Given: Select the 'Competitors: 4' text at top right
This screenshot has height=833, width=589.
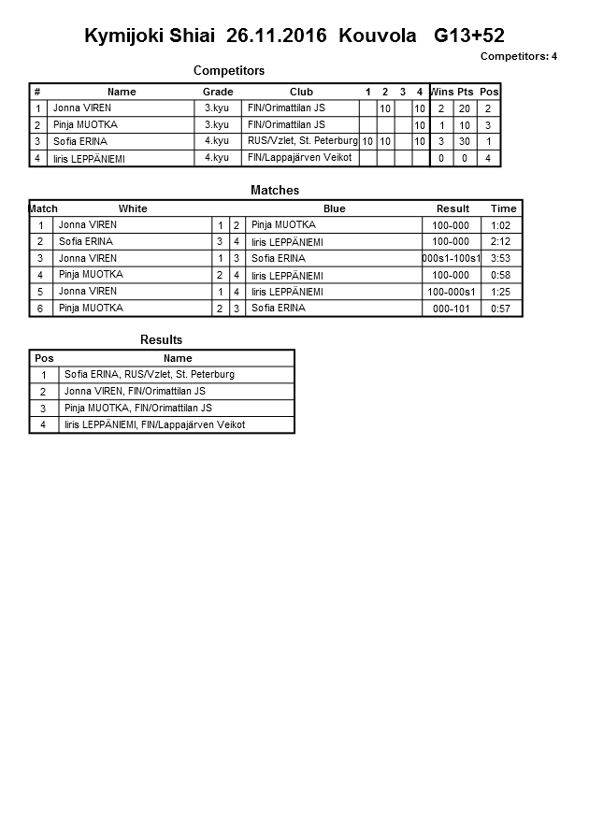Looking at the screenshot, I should click(518, 56).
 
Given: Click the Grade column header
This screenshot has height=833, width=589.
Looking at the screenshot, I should click(218, 92).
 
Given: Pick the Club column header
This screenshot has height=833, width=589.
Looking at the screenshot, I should click(301, 92).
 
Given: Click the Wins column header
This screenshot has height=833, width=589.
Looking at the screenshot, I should click(441, 92).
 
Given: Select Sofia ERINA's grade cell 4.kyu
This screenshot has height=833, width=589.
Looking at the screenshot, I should click(217, 141).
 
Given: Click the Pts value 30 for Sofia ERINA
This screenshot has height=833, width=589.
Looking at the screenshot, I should click(465, 141).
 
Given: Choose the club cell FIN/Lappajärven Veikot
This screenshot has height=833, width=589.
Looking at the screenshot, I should click(299, 158).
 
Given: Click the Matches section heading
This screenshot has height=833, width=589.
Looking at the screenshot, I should click(275, 190).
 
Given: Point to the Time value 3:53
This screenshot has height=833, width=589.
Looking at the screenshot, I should click(503, 258).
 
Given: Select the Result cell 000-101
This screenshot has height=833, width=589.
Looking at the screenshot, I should click(452, 309).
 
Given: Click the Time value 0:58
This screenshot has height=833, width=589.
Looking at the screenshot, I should click(503, 275).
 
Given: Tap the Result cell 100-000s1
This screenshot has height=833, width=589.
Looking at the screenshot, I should click(452, 292).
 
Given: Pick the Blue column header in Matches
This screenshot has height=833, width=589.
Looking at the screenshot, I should click(334, 208).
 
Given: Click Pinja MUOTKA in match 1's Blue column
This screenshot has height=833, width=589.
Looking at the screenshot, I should click(283, 225).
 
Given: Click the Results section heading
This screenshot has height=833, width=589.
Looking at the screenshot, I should click(161, 339).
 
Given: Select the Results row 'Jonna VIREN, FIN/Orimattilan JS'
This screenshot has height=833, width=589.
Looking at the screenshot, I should click(135, 392).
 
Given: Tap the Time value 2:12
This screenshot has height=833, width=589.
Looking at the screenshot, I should click(503, 241).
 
